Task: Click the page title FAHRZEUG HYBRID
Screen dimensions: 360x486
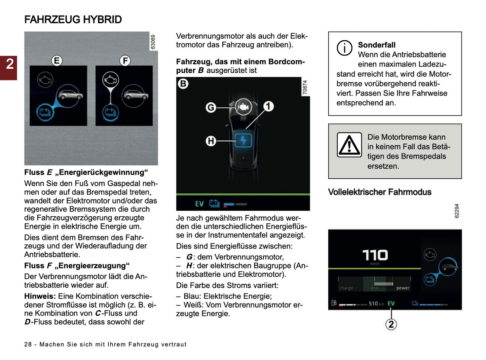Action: [73, 20]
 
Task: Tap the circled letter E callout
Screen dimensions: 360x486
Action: [57, 61]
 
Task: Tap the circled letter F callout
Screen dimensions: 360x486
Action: [125, 61]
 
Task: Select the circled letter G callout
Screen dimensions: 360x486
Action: [211, 107]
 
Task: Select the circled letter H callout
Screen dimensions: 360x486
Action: [211, 141]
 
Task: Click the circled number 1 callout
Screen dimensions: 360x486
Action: [268, 106]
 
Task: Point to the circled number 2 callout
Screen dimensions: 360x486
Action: [391, 324]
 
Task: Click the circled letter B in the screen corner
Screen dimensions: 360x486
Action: [183, 84]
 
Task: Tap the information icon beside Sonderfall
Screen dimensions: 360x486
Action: [344, 48]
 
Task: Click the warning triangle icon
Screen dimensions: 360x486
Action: [349, 145]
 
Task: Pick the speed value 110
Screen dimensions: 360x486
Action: [375, 255]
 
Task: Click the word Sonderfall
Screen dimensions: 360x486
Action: [376, 45]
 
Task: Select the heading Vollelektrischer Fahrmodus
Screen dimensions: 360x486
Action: [379, 192]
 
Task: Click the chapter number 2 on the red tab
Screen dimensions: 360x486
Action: [10, 64]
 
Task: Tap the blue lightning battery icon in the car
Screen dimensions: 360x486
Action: [243, 140]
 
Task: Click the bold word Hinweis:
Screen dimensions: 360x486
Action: [40, 296]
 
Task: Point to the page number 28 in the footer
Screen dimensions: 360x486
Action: [28, 344]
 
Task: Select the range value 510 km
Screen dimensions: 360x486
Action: [376, 303]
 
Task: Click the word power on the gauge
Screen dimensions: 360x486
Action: [403, 288]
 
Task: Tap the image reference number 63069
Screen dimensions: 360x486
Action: [153, 42]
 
